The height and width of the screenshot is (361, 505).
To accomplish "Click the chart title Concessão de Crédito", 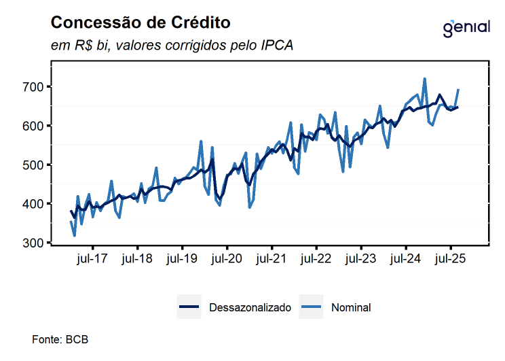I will coord(141,23).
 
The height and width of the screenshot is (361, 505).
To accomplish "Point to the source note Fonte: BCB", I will coord(60,339).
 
